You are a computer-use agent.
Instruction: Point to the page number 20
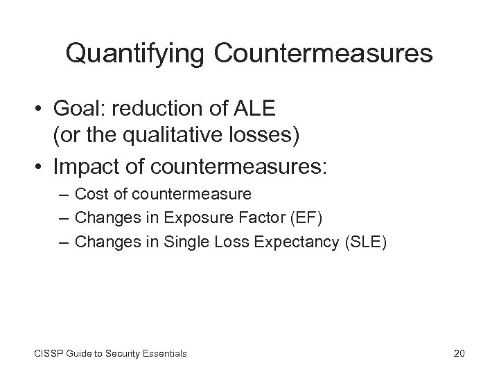pos(458,353)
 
